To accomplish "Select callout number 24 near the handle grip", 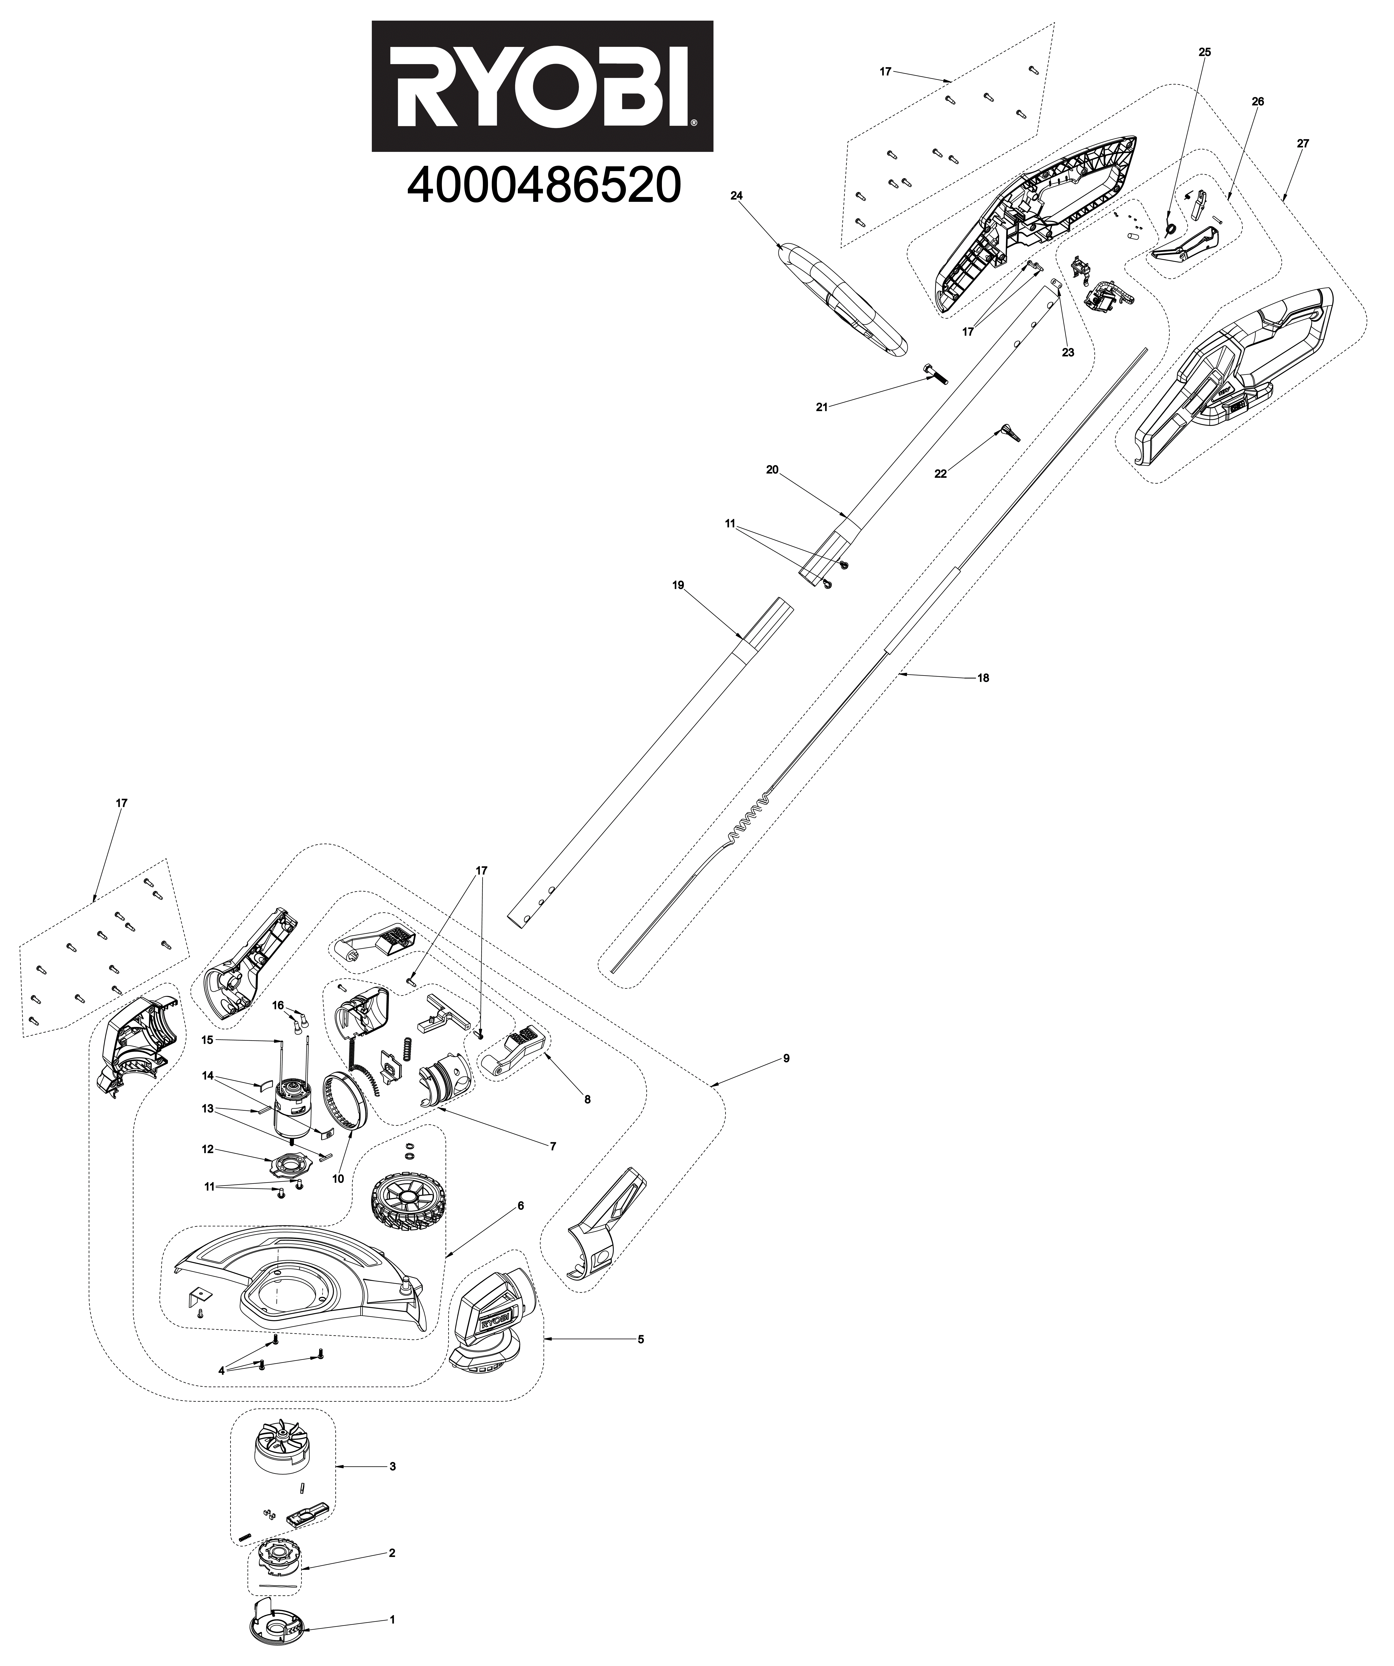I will point(736,195).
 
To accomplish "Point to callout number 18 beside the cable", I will point(983,678).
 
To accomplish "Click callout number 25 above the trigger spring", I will point(1204,52).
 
